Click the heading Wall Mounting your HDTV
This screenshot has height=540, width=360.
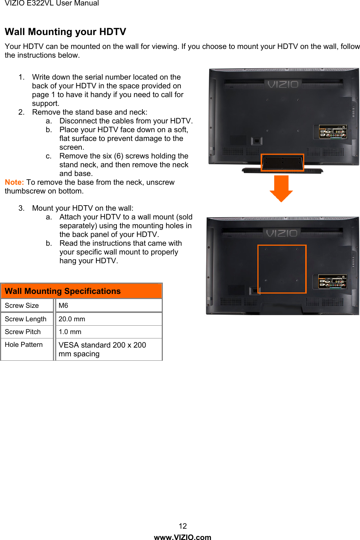[65, 32]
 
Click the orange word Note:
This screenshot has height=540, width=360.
[14, 182]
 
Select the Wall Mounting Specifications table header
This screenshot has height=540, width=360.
[81, 291]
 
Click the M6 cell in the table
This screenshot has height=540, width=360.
[63, 306]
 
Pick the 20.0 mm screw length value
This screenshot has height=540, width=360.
[72, 319]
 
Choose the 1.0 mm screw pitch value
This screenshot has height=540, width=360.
[70, 332]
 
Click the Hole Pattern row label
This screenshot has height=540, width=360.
[24, 345]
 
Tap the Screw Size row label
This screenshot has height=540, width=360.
[22, 306]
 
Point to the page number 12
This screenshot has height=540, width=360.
[183, 526]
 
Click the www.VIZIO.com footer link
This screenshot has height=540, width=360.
[183, 537]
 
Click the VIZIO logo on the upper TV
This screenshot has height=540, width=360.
[283, 84]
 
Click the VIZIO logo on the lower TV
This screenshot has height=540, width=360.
[282, 233]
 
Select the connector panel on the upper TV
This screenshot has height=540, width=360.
[333, 132]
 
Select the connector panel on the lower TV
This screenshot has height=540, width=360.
[332, 282]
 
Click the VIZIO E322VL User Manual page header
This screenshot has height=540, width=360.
[52, 3]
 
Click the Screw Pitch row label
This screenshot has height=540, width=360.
[23, 332]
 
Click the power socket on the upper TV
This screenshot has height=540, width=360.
[257, 141]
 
